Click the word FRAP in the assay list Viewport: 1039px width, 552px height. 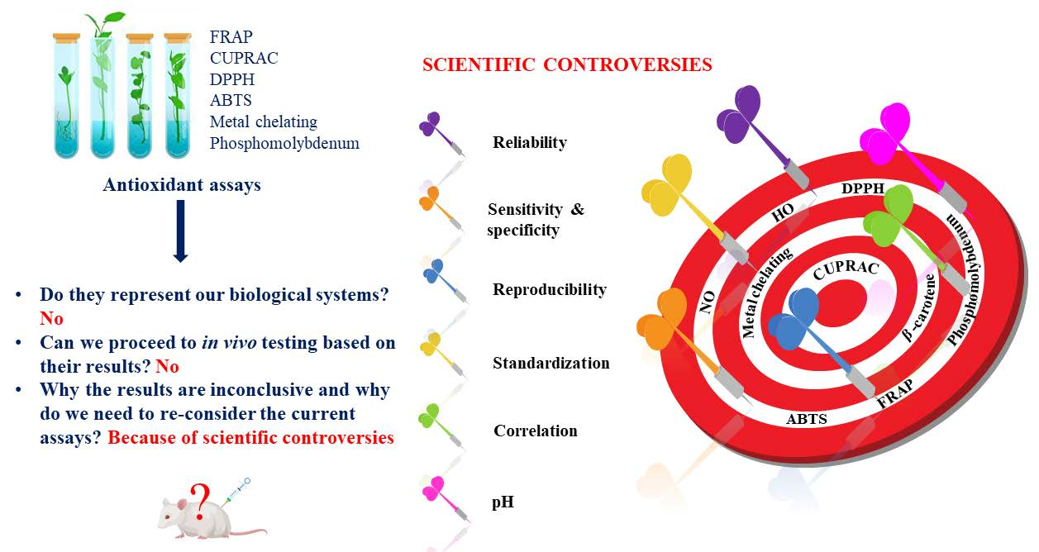[x=231, y=36]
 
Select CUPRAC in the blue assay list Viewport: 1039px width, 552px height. [x=244, y=58]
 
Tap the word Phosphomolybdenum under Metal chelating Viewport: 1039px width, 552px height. [x=284, y=143]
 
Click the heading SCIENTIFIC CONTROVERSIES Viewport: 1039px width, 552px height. [x=567, y=64]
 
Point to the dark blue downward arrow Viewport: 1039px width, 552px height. [x=180, y=231]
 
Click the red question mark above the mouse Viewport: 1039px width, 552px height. [x=200, y=502]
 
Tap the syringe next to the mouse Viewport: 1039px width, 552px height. [x=236, y=493]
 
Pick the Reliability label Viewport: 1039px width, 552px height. [x=530, y=142]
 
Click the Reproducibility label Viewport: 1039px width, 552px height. [x=550, y=290]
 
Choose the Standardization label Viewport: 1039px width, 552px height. [x=551, y=363]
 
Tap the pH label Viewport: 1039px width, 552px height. [x=503, y=502]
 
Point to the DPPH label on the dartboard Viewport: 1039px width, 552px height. [x=863, y=188]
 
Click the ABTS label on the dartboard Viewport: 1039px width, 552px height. [x=807, y=419]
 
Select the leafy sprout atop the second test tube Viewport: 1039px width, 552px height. [x=105, y=24]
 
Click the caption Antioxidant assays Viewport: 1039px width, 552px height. [x=182, y=184]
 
